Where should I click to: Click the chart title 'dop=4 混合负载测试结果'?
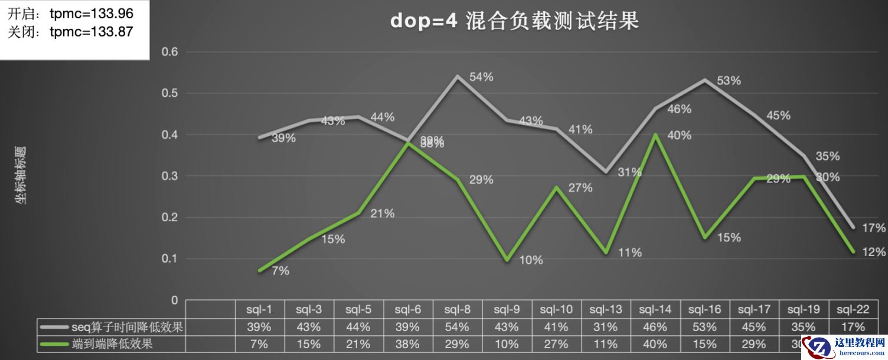click(x=514, y=21)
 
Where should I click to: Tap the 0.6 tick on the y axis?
click(x=169, y=52)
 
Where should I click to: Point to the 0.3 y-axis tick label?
click(x=169, y=176)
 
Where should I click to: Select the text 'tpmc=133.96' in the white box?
click(x=92, y=14)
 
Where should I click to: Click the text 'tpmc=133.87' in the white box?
click(x=92, y=32)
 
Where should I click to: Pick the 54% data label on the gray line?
click(x=481, y=77)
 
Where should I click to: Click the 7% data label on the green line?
click(x=280, y=271)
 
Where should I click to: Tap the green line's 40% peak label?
click(x=679, y=135)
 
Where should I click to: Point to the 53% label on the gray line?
click(x=729, y=81)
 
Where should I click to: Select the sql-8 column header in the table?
click(x=457, y=309)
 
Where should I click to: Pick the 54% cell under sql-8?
click(x=457, y=327)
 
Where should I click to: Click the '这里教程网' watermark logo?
click(x=848, y=346)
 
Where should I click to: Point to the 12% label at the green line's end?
click(x=874, y=252)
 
